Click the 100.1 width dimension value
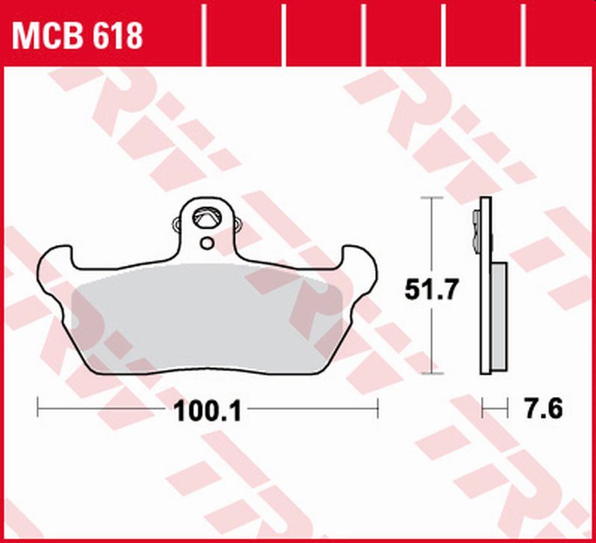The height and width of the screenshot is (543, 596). pyautogui.click(x=209, y=411)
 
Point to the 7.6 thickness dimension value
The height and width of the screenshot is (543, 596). pyautogui.click(x=543, y=409)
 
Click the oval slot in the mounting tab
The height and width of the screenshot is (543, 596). pyautogui.click(x=206, y=218)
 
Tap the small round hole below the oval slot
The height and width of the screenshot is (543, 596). pyautogui.click(x=207, y=242)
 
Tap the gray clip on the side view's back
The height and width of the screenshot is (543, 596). pyautogui.click(x=475, y=231)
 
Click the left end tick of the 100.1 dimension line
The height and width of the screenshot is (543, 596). pyautogui.click(x=38, y=409)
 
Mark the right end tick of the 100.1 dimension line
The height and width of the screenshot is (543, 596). pyautogui.click(x=377, y=409)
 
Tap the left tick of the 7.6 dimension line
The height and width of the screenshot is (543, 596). pyautogui.click(x=483, y=409)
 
